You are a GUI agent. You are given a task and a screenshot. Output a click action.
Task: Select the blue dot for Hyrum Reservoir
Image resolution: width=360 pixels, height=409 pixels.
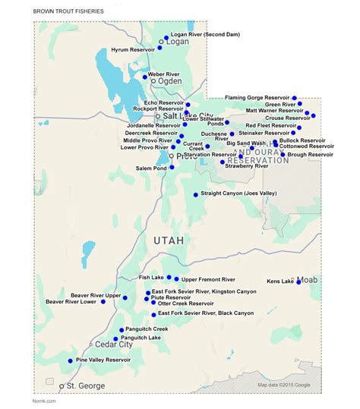tap(160, 49)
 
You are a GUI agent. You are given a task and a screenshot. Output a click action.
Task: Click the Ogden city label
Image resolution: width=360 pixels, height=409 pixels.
tap(169, 80)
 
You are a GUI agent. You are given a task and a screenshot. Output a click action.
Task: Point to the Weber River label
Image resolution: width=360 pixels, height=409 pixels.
tap(165, 74)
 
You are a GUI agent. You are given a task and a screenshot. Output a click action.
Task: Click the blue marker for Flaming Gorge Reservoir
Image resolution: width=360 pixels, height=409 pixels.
tap(295, 98)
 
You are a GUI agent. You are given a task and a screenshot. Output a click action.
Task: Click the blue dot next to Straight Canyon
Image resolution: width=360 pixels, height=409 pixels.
tap(195, 195)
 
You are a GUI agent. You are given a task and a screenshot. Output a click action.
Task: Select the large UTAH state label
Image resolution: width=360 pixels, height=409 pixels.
tap(169, 240)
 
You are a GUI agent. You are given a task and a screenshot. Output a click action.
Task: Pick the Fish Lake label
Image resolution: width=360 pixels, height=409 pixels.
tap(152, 278)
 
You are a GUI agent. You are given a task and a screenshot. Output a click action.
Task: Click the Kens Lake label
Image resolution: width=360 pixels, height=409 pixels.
tap(280, 282)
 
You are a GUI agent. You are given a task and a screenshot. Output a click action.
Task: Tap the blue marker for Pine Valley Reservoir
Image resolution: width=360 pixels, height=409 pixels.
tap(71, 360)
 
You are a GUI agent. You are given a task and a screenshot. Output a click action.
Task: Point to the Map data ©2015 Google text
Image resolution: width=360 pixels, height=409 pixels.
tap(284, 385)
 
